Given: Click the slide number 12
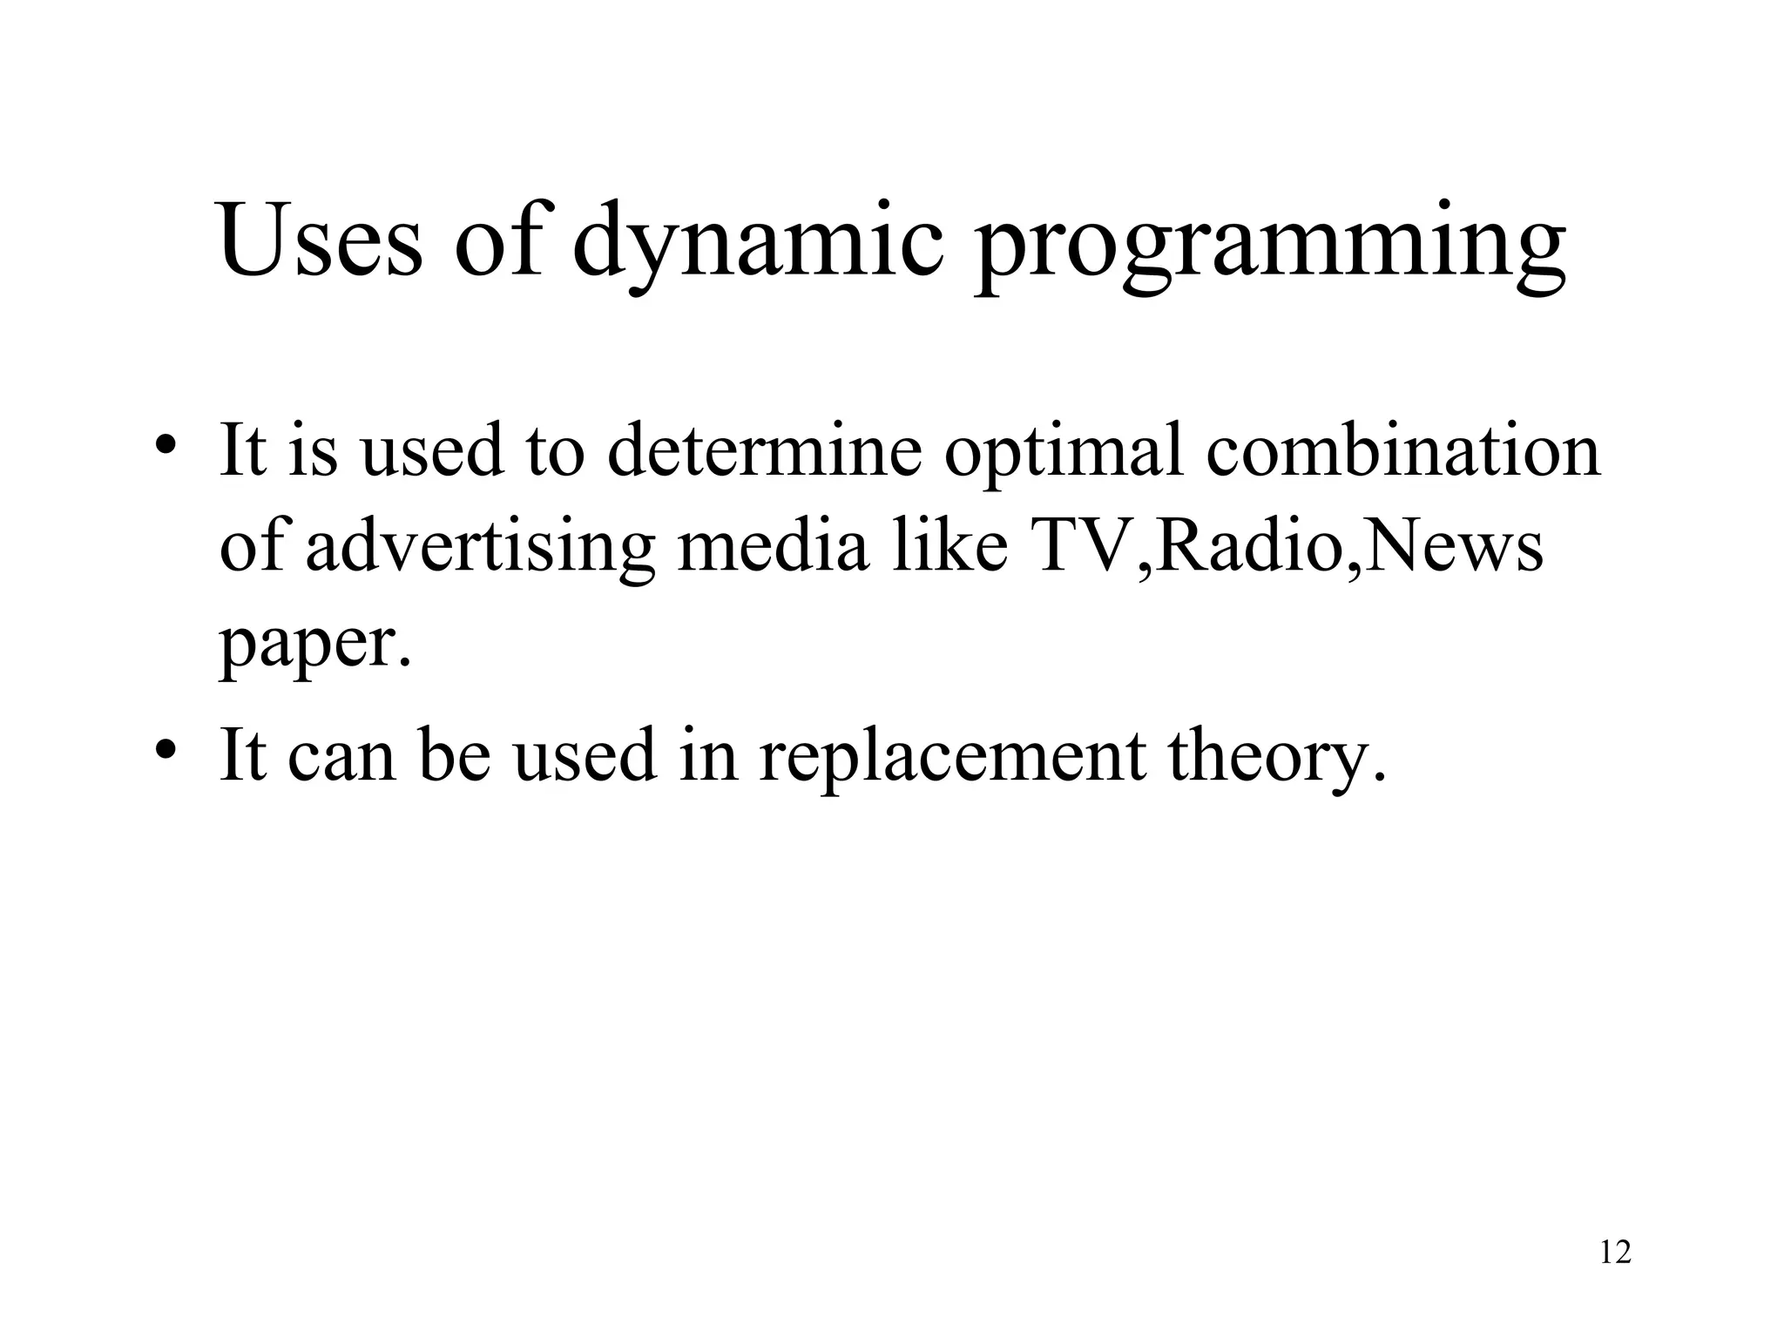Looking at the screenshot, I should click(1615, 1253).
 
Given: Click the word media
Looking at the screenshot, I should click(773, 547).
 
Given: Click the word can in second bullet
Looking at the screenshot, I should click(341, 756).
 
